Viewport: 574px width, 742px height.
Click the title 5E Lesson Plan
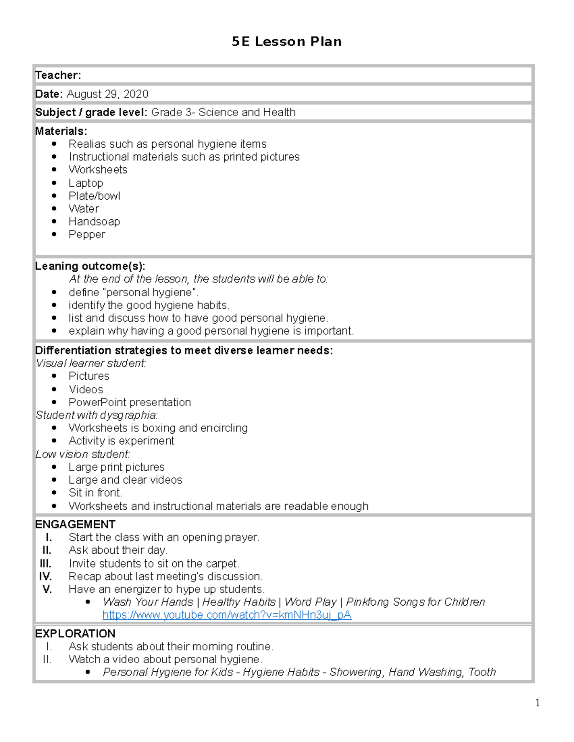(x=287, y=42)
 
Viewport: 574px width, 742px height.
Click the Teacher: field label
(x=58, y=75)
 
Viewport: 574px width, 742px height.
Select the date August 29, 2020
(x=108, y=94)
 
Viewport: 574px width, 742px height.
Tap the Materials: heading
(x=61, y=131)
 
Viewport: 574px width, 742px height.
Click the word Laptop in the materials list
(x=86, y=183)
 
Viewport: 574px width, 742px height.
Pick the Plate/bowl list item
(x=94, y=196)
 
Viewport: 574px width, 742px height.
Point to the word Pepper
(x=87, y=235)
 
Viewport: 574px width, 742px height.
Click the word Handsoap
(x=94, y=222)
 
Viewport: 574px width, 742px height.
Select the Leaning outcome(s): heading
(x=90, y=266)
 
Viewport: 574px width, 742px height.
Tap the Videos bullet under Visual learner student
(x=86, y=389)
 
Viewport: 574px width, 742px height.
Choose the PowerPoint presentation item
(x=130, y=402)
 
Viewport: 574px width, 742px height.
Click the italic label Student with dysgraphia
(x=96, y=415)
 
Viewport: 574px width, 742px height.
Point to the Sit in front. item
(x=95, y=493)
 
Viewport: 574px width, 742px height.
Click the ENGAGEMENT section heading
(x=75, y=524)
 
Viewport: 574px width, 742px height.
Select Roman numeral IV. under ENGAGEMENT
(x=45, y=576)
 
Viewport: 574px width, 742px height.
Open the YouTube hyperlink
(x=227, y=615)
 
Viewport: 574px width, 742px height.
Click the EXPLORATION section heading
(x=75, y=634)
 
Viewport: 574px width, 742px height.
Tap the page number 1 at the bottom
(x=538, y=702)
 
